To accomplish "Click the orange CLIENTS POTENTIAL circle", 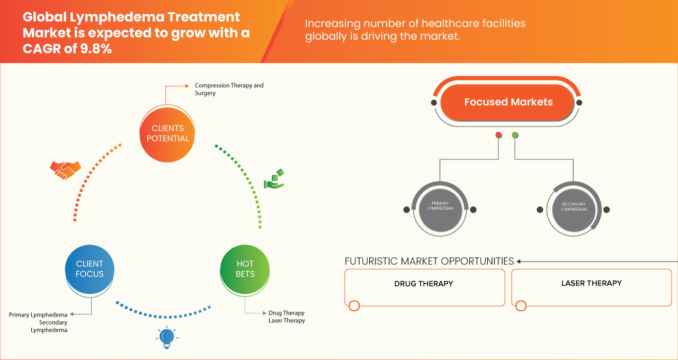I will coord(167,133).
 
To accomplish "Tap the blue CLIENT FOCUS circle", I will coord(90,269).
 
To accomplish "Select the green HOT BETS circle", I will coord(245,269).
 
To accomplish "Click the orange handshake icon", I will coord(65,169).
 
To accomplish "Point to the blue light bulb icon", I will coord(167,337).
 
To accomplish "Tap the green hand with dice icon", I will coord(274,179).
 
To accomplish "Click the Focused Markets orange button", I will coord(508,102).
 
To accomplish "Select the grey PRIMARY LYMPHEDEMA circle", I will coord(440,209).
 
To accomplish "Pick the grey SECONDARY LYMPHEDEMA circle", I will coord(574,209).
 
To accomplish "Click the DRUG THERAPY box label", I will coord(424,284).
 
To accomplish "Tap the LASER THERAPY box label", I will coord(591,283).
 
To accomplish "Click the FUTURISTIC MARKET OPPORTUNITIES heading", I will coord(429,261).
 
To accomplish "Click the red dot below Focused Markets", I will coord(498,136).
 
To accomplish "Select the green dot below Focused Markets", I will coord(515,136).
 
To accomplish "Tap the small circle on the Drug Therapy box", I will coord(354,305).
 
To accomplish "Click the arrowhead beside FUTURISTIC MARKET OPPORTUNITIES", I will coord(519,261).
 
